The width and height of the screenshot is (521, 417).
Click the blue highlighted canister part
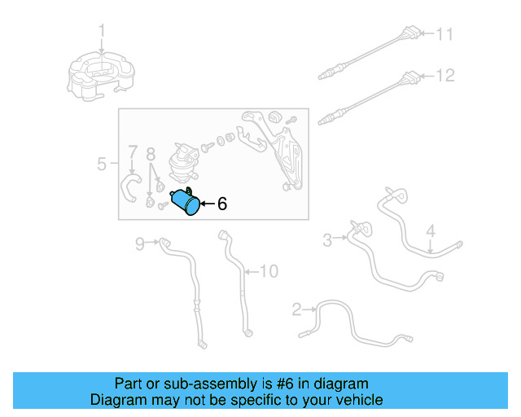point(186,201)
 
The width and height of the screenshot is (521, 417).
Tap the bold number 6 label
point(222,204)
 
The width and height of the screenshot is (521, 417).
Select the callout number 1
point(102,30)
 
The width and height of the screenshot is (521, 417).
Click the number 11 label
point(444,34)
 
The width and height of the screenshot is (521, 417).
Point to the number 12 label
point(445,76)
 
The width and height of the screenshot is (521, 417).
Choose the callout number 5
point(102,164)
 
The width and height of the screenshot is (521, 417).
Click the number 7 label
point(133,152)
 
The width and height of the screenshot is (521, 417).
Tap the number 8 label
point(151,154)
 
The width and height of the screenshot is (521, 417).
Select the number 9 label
point(140,244)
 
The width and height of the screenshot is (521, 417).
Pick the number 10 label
point(269,271)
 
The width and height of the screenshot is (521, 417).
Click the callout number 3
point(327,239)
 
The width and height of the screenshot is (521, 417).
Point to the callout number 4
point(431,231)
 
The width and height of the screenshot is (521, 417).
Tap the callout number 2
point(296,309)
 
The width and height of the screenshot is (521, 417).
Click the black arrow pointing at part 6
point(208,204)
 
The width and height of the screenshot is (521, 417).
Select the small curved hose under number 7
point(130,188)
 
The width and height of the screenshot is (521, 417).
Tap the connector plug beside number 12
point(410,78)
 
